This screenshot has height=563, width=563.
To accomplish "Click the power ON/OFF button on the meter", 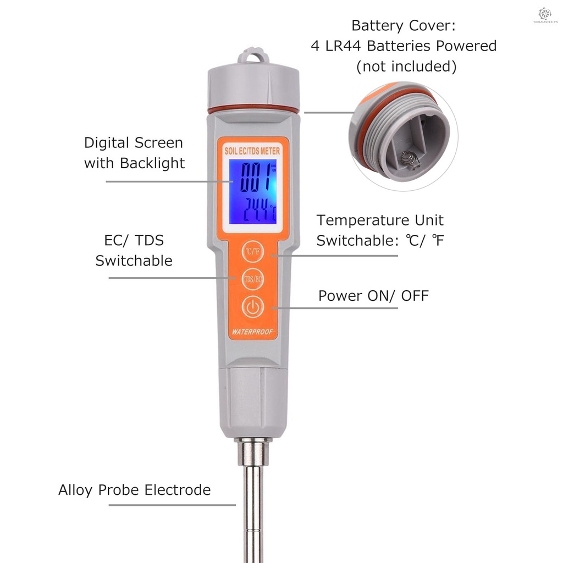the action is point(252,307).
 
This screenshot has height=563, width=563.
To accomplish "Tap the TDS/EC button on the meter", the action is point(252,279).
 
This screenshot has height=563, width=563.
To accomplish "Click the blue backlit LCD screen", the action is point(253,192).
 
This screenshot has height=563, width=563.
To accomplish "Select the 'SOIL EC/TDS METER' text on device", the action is point(253,150).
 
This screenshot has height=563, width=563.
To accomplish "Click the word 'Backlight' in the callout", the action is point(152,163).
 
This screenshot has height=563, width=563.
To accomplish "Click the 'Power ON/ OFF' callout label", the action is point(373,296).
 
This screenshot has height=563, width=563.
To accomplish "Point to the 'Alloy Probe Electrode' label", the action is point(135,490).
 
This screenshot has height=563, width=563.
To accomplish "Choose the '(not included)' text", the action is point(406,67).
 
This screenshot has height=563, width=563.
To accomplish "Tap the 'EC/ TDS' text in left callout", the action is point(134,240).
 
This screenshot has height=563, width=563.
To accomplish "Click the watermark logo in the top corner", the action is point(544,15).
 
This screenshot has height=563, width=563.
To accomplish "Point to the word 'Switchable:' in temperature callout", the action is point(354,240).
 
